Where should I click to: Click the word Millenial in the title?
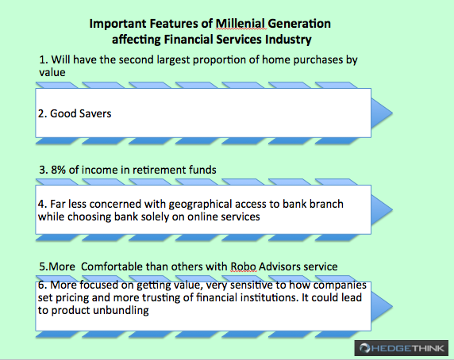coord(240,24)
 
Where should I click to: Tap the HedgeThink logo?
coord(402,348)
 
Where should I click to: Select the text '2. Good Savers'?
coord(75,113)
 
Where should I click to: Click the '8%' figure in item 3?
coord(58,170)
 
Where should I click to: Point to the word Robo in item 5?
coord(243,266)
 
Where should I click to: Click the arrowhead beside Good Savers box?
coord(382,113)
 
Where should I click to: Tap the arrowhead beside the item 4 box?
coord(382,209)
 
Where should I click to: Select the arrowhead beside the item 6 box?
coord(382,306)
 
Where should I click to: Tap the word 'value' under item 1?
coord(52,72)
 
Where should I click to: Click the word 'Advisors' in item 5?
coord(279,266)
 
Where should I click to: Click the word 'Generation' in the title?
coord(299,24)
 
